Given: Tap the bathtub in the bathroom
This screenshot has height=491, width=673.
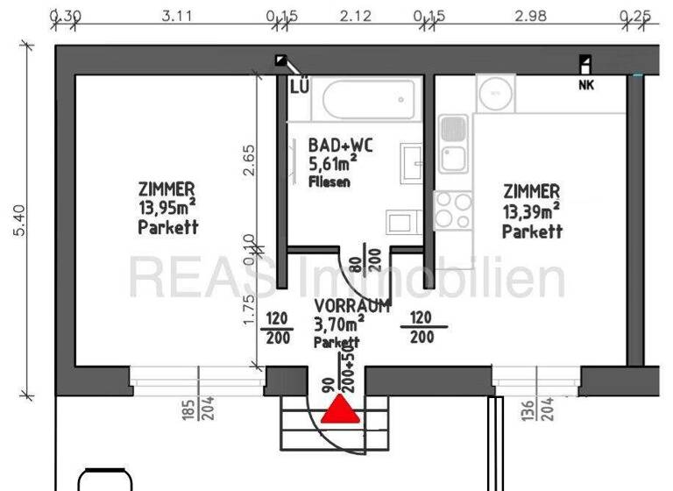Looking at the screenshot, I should (367, 102).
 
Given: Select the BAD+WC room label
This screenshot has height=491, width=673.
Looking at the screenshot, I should (340, 146).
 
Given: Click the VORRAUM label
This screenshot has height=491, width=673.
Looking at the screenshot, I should (352, 306).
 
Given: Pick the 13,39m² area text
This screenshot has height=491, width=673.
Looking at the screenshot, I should (531, 211).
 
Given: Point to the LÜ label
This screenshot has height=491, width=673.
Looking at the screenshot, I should (299, 85).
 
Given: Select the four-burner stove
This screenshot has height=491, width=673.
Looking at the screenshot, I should (453, 210).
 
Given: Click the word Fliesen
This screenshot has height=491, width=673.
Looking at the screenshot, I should (329, 181).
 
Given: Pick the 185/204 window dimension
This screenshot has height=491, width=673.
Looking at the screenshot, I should (198, 409).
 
